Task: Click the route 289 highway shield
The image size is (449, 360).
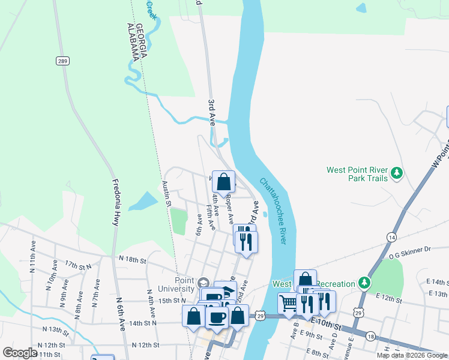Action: (x=62, y=61)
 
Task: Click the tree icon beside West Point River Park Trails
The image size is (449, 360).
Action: (x=396, y=174)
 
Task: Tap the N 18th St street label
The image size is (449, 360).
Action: (x=132, y=260)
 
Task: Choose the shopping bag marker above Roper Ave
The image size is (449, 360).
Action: (x=223, y=182)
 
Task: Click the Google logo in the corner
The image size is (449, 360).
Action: (x=20, y=352)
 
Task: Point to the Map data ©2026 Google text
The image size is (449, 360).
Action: (x=412, y=355)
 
